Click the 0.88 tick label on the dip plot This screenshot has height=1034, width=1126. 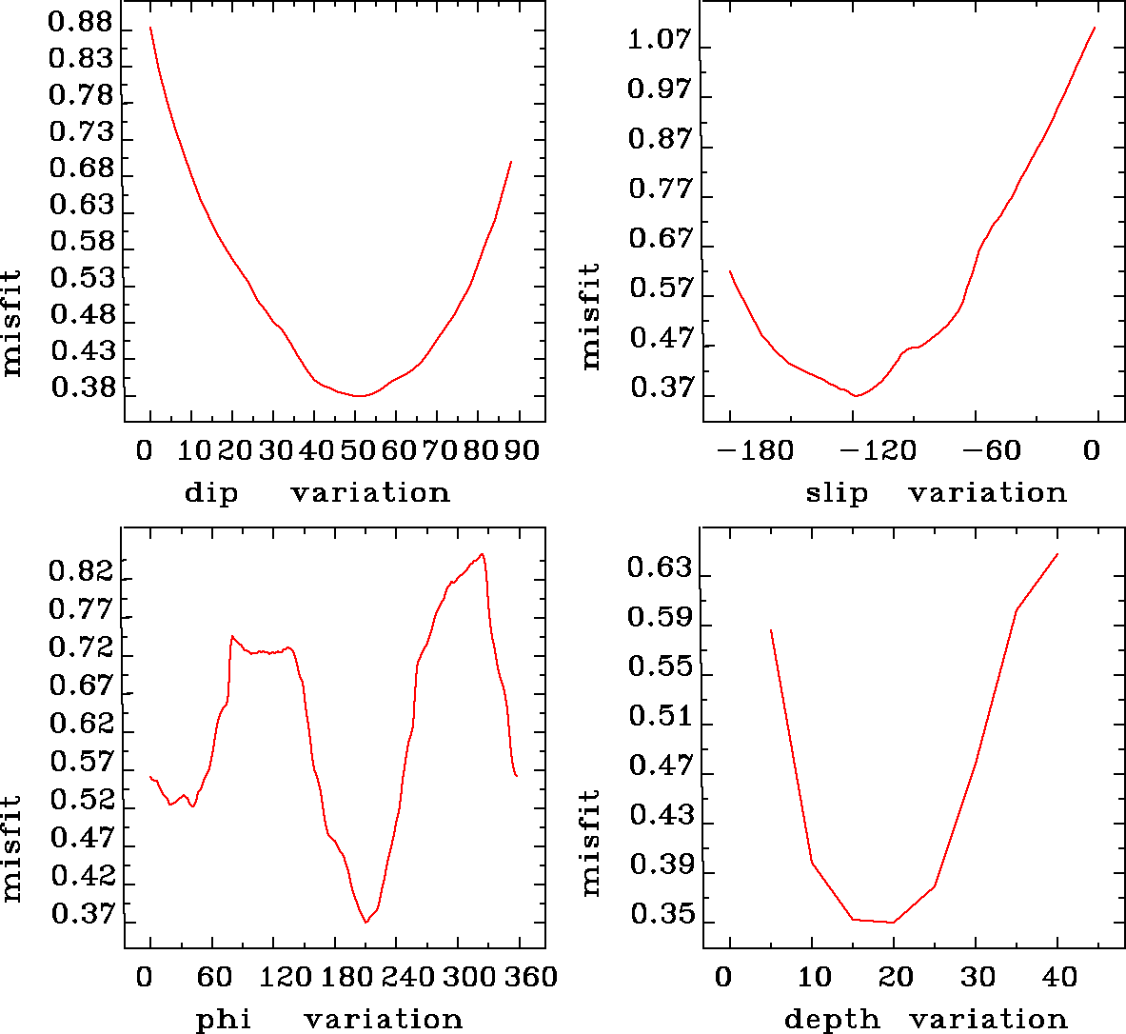click(x=81, y=24)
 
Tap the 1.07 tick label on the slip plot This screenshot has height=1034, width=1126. click(x=658, y=41)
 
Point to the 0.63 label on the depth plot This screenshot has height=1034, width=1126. click(x=658, y=569)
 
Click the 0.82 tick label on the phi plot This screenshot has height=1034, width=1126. click(x=81, y=572)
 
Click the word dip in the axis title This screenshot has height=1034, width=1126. click(x=211, y=493)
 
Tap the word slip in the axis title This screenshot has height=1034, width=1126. click(x=837, y=493)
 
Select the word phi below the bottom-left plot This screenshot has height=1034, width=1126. click(x=224, y=1020)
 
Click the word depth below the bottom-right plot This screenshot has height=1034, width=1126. click(x=832, y=1020)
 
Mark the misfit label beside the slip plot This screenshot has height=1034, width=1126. click(x=591, y=317)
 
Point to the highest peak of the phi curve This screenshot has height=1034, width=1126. click(x=483, y=554)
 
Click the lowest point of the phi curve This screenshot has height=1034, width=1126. click(x=365, y=923)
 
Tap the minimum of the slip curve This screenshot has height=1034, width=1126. click(x=857, y=395)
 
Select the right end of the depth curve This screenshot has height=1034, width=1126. click(x=1057, y=554)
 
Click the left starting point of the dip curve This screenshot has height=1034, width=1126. click(x=150, y=28)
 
